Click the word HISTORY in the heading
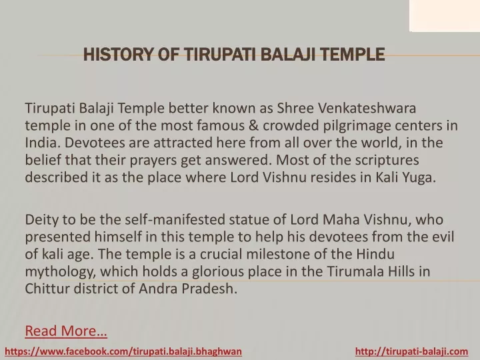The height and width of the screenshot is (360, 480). pos(118,55)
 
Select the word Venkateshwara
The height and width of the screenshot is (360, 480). pos(367,108)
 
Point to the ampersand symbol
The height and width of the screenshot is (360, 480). pos(253,125)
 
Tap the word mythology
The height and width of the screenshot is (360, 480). pos(61,272)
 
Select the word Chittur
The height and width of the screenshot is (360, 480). pos(47,289)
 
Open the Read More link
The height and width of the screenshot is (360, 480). pos(66,331)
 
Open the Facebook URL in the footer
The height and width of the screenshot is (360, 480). pos(123,351)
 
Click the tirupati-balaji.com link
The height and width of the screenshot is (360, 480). pos(412,351)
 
